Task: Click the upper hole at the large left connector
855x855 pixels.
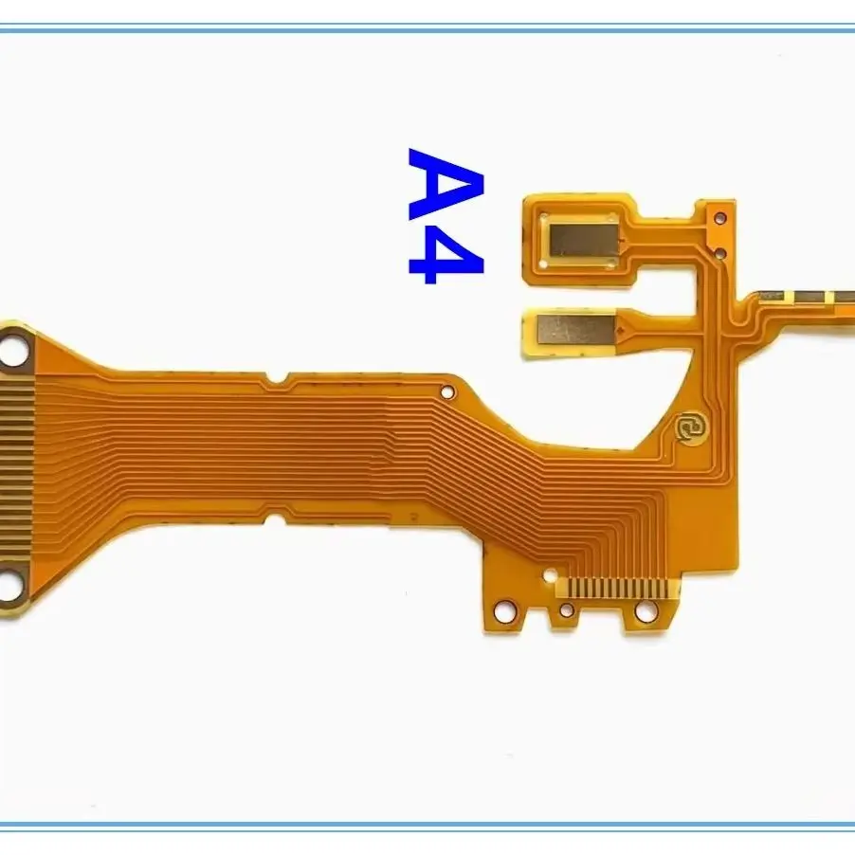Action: pos(13,349)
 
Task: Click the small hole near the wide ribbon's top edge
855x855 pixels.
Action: pos(447,391)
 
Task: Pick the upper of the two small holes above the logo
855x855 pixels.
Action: pos(720,219)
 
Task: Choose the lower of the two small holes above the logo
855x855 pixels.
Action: pos(719,252)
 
